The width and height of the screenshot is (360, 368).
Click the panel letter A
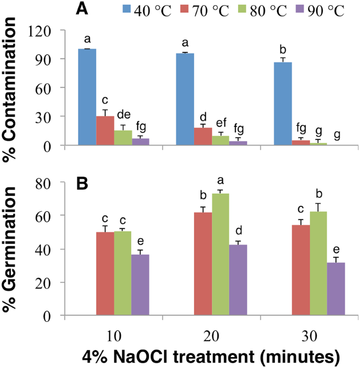[x=81, y=9]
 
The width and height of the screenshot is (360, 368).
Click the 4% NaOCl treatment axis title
[x=210, y=356]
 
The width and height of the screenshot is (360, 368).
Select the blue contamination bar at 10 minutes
[x=87, y=97]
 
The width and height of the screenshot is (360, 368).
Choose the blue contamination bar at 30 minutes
[x=283, y=103]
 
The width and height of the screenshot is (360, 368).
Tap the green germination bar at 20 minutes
[x=221, y=255]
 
